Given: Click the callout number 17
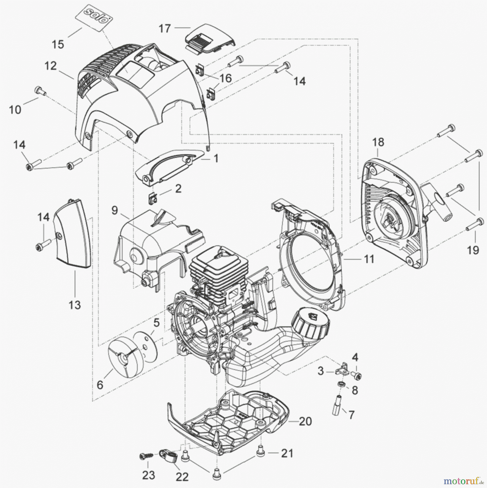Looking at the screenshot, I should coord(165,28).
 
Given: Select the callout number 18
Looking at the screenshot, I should coord(378,142).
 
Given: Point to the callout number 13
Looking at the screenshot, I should coord(75,305).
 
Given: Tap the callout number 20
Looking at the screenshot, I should coord(305,421).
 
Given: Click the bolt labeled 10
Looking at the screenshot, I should coord(40,91).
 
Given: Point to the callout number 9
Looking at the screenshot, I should coord(115,210).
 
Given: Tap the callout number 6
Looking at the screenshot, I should coord(100,384).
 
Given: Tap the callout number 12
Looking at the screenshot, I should coord(50,66).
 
